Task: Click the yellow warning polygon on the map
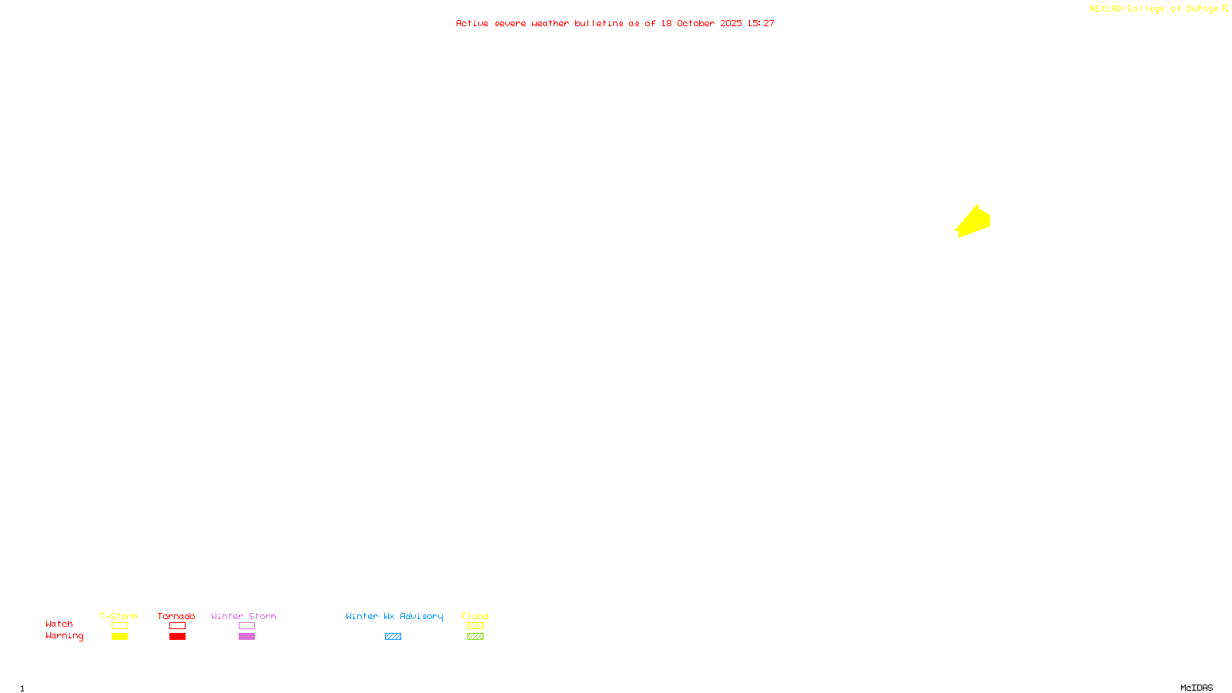pos(974,223)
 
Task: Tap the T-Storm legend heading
pos(119,616)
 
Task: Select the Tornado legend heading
pos(176,616)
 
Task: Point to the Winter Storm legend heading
pos(243,616)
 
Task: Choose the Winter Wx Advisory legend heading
pos(394,616)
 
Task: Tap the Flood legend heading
pos(475,616)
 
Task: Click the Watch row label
pos(59,624)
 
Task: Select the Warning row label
pos(64,636)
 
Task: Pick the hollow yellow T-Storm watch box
pos(119,626)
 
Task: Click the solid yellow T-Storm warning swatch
pos(119,637)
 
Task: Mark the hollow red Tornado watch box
pos(177,626)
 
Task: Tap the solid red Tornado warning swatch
pos(177,637)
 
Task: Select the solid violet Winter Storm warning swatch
pos(246,637)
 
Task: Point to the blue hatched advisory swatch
pos(393,637)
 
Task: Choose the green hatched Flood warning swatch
pos(475,637)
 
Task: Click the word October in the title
pos(695,23)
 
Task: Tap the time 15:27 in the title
pos(761,23)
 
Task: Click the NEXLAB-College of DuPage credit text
pos(1153,8)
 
